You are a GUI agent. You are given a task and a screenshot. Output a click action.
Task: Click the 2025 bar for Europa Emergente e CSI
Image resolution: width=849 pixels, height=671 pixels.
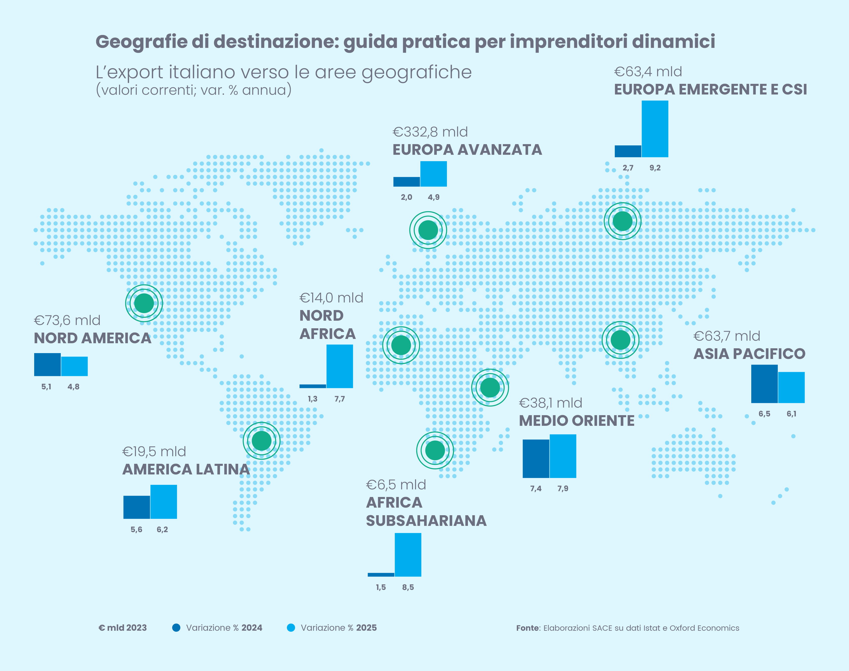click(655, 129)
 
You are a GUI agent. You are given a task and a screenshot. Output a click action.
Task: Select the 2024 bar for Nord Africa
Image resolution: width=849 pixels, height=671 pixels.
click(312, 386)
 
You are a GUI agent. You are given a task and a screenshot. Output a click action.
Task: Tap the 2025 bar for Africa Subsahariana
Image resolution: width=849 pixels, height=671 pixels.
click(408, 555)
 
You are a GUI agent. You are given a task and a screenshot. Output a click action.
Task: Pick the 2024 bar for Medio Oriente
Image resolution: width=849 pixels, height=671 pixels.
click(536, 459)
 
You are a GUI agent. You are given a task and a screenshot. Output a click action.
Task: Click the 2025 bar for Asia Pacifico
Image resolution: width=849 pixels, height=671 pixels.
click(791, 387)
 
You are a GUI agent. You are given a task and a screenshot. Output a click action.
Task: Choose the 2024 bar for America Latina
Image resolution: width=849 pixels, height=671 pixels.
click(137, 507)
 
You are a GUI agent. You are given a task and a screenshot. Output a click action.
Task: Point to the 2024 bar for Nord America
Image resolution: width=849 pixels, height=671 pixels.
click(48, 365)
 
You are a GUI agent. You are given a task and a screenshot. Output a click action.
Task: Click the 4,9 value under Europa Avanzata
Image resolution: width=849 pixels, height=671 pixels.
click(433, 197)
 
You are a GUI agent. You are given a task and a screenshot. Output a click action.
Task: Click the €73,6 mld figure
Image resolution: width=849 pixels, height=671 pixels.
click(67, 321)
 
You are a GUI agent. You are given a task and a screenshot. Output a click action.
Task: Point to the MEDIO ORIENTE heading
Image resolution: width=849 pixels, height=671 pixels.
click(577, 421)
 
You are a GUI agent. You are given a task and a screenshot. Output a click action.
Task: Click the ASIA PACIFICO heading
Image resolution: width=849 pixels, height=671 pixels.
click(749, 354)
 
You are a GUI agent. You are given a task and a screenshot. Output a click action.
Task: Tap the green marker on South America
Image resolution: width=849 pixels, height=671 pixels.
click(262, 440)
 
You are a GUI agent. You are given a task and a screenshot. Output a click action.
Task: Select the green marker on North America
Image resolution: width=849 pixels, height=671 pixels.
click(144, 303)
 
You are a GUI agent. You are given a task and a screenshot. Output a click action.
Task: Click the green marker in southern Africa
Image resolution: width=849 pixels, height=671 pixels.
click(435, 450)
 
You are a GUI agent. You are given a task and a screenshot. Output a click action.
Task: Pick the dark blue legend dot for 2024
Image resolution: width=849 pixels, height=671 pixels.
click(176, 628)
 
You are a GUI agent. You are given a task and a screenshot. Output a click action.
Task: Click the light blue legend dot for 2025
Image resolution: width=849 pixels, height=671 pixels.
click(291, 628)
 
